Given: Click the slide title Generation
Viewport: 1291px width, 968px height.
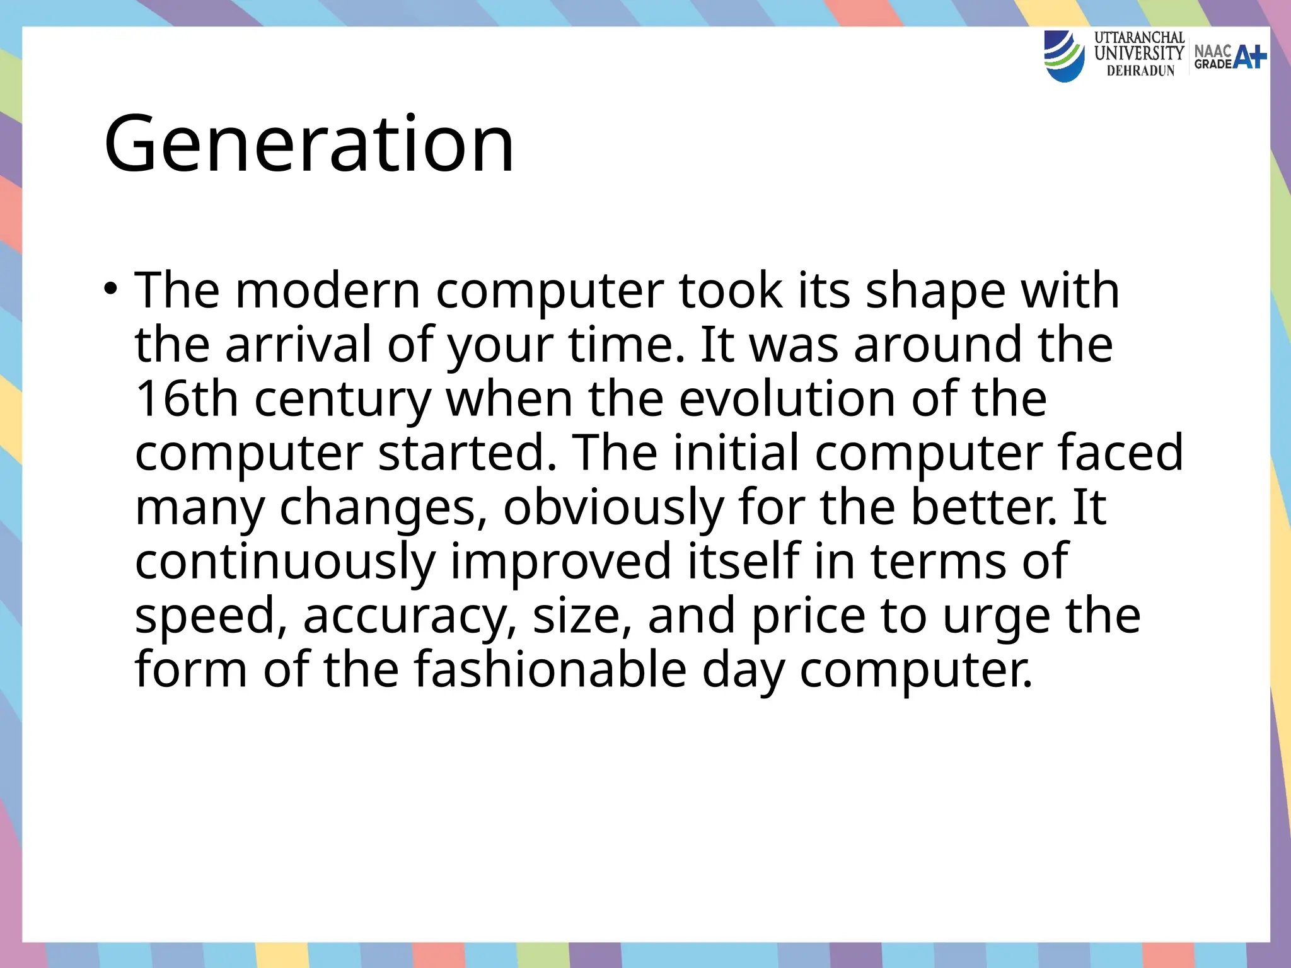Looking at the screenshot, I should (309, 144).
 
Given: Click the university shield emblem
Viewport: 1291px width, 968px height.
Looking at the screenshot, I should (1065, 57).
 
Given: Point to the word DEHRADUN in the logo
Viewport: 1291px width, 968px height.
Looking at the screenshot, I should (1141, 71).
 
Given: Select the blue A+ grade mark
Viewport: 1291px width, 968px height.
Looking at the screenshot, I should (1249, 57).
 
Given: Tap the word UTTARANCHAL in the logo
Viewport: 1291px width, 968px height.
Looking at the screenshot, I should (1139, 38).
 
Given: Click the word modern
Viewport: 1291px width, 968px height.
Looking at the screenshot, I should (328, 291).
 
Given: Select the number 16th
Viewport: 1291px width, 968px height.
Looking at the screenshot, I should (187, 399).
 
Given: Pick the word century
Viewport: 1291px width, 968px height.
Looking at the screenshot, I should (343, 399).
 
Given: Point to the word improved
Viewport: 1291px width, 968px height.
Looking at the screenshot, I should (561, 562).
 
